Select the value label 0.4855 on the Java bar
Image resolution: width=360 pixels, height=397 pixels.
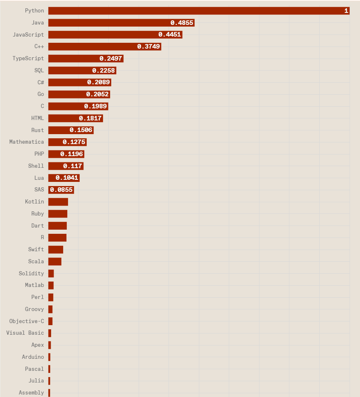182,23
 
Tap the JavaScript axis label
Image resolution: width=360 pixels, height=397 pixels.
28,34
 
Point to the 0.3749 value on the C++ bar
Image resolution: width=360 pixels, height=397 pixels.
149,47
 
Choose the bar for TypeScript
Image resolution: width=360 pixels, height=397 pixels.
86,59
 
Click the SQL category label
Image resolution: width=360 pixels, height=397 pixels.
39,70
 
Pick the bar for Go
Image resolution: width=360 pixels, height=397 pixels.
79,94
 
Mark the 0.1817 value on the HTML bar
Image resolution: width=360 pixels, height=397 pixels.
90,118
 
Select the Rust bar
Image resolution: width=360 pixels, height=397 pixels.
71,130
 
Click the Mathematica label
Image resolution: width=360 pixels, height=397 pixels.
27,142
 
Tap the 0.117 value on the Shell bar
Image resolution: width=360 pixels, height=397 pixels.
73,166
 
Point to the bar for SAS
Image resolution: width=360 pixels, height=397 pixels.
61,190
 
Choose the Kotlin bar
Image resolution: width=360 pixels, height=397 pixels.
58,202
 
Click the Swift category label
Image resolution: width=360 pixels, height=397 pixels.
36,249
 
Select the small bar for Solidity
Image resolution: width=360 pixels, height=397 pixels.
51,273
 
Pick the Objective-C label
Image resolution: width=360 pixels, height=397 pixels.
27,321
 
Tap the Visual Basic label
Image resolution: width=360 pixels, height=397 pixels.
25,333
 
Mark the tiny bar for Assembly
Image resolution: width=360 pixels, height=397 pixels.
49,392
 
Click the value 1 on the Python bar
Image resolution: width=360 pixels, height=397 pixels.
346,11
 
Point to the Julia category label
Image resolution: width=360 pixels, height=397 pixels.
36,381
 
